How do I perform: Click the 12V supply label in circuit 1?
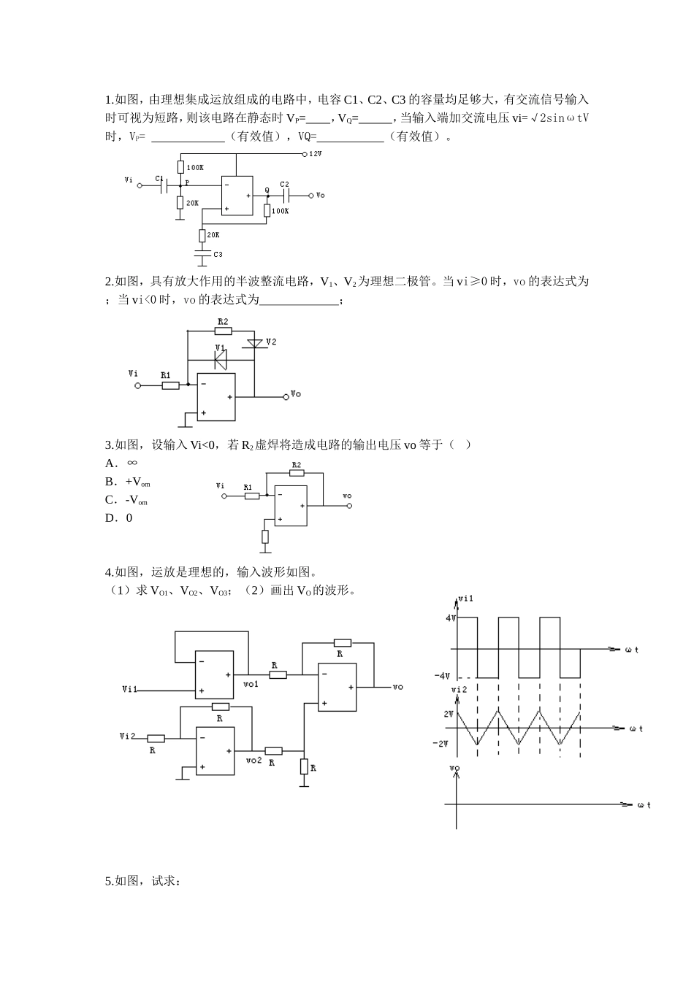316,155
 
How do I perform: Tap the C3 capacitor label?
217,254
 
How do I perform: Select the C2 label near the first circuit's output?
284,185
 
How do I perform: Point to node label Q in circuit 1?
267,190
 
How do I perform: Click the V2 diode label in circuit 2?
271,342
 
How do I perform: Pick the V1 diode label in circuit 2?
220,348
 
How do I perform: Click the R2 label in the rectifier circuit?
222,321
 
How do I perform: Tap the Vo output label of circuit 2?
296,394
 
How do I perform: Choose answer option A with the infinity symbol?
121,463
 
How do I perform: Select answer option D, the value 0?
120,518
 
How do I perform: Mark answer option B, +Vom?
128,482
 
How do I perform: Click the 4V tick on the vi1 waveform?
451,618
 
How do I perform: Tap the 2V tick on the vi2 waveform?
449,713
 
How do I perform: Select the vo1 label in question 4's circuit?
251,684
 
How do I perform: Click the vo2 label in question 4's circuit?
253,761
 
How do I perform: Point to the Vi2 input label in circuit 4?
128,736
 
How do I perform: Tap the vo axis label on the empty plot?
454,769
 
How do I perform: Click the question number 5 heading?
143,881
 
